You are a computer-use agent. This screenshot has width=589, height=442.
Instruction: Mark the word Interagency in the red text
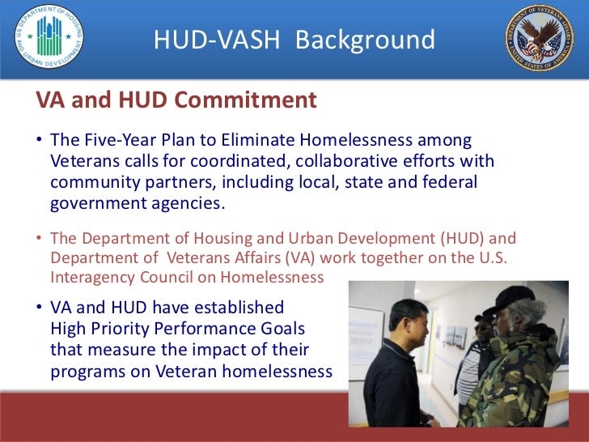[x=90, y=277]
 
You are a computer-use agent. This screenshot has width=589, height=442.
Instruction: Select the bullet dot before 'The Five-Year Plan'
[x=38, y=141]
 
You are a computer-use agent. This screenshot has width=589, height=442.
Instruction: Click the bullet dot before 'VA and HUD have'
[x=38, y=308]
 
